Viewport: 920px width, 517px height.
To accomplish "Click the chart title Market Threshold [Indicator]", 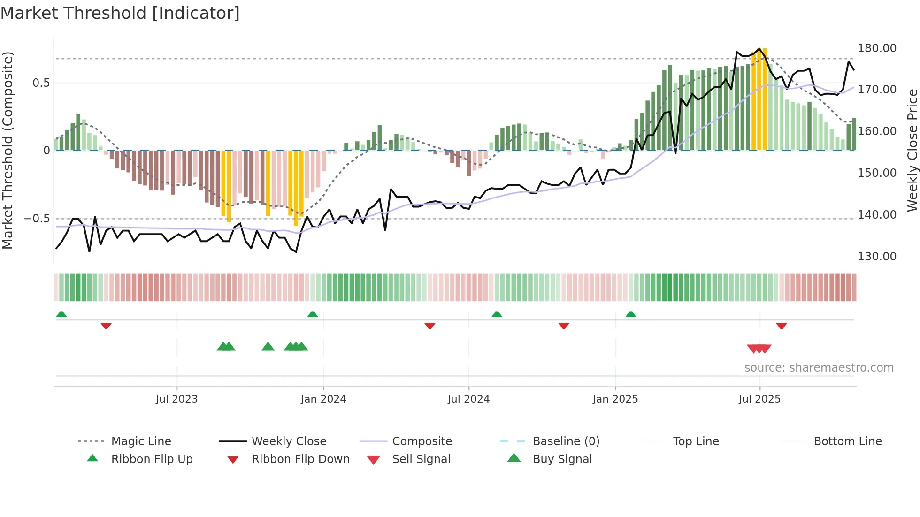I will click(120, 13).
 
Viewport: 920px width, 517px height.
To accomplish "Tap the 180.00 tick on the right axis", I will click(876, 48).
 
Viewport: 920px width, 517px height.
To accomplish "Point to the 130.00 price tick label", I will click(876, 257).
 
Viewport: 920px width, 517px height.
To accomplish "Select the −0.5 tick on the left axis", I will click(37, 219).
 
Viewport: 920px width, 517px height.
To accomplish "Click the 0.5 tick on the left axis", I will click(41, 83).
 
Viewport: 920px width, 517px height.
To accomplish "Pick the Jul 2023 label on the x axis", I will click(176, 399).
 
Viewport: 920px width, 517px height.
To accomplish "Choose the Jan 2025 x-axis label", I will click(615, 399).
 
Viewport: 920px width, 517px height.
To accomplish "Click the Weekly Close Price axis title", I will click(912, 150).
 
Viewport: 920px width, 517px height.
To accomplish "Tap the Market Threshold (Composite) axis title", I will click(8, 150).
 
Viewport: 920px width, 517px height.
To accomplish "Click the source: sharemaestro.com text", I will click(819, 368).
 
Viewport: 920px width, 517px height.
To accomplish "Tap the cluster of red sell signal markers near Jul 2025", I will click(759, 349).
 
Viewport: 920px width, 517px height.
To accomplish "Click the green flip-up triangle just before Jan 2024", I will click(313, 314).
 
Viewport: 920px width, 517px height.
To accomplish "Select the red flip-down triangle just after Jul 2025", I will click(782, 326).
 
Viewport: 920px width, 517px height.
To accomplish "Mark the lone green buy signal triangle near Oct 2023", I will click(268, 347).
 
